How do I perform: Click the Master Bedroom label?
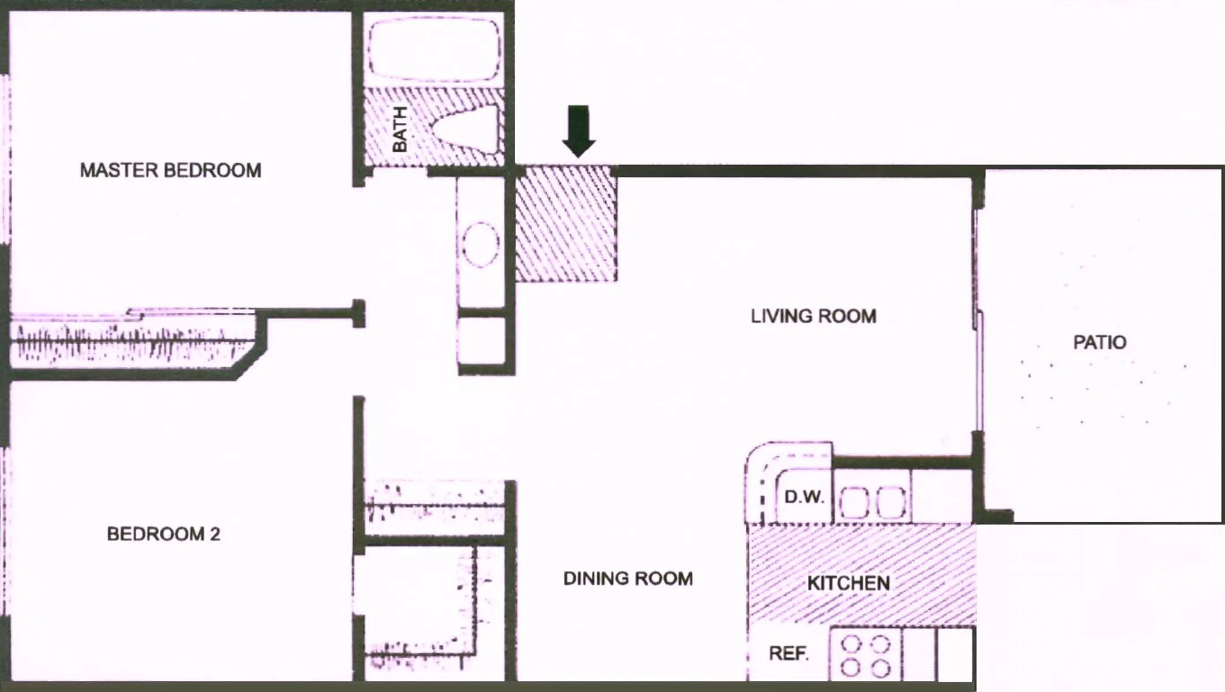(x=170, y=170)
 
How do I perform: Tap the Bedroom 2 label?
(x=163, y=534)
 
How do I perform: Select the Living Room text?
(x=813, y=316)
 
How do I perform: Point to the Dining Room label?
(x=628, y=578)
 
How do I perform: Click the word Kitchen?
(x=848, y=583)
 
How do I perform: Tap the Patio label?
(x=1099, y=343)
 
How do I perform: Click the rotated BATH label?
(x=399, y=129)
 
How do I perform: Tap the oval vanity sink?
(x=480, y=245)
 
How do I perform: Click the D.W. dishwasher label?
(x=804, y=497)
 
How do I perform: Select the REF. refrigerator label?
(x=788, y=653)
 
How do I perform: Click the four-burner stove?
(x=866, y=655)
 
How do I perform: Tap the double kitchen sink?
(x=872, y=501)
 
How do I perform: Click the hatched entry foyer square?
(x=566, y=224)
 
